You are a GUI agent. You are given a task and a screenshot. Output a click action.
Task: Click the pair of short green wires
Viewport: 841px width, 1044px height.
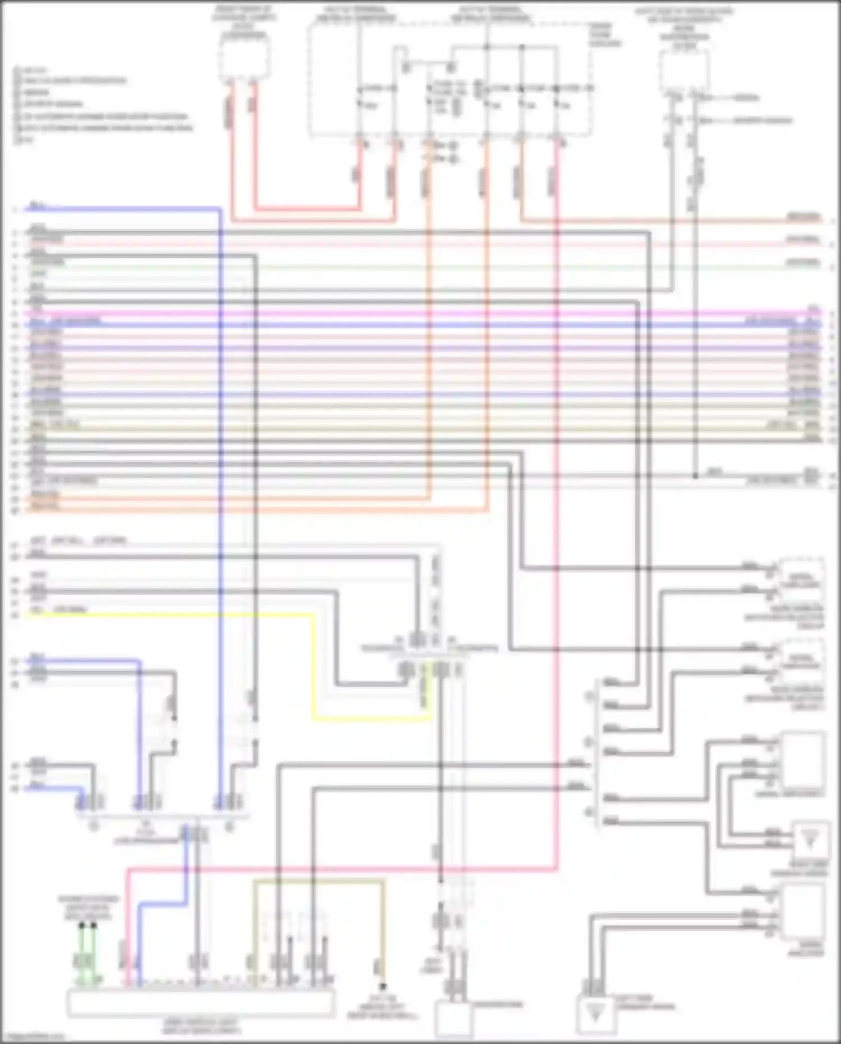tap(87, 948)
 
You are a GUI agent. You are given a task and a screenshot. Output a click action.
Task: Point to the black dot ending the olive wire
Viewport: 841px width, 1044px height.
tap(382, 986)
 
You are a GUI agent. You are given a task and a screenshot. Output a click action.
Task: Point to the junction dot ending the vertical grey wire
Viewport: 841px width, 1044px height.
tap(695, 476)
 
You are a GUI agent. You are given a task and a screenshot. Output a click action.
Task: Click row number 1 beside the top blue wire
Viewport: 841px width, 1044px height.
tap(15, 210)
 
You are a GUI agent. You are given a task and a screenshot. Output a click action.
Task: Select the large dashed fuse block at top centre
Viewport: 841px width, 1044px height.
tap(449, 79)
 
